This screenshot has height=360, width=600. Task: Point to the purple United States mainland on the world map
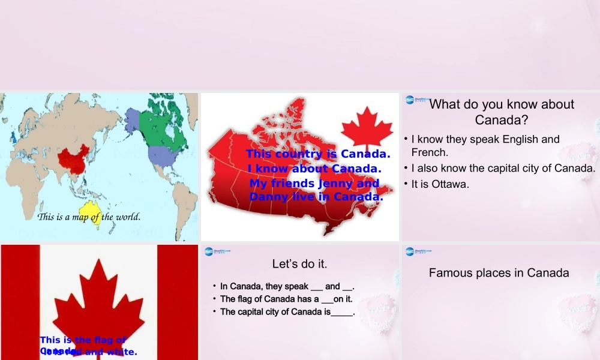162,155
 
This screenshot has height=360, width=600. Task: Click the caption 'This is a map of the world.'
89,217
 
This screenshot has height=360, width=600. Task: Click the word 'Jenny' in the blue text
335,183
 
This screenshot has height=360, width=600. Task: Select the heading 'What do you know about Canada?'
502,112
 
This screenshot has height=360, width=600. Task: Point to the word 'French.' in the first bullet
430,152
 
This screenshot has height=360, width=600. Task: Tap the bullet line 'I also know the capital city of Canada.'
503,168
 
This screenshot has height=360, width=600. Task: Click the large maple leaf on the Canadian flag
98,300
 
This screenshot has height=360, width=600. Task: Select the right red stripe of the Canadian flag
177,300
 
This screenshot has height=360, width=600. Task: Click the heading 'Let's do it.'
300,263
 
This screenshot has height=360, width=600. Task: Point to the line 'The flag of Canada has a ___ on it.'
286,299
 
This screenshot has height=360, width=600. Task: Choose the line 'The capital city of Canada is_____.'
287,312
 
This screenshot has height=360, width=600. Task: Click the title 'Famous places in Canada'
499,273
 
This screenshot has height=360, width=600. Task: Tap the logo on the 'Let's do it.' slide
217,251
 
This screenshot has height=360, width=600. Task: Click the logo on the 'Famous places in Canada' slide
418,251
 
